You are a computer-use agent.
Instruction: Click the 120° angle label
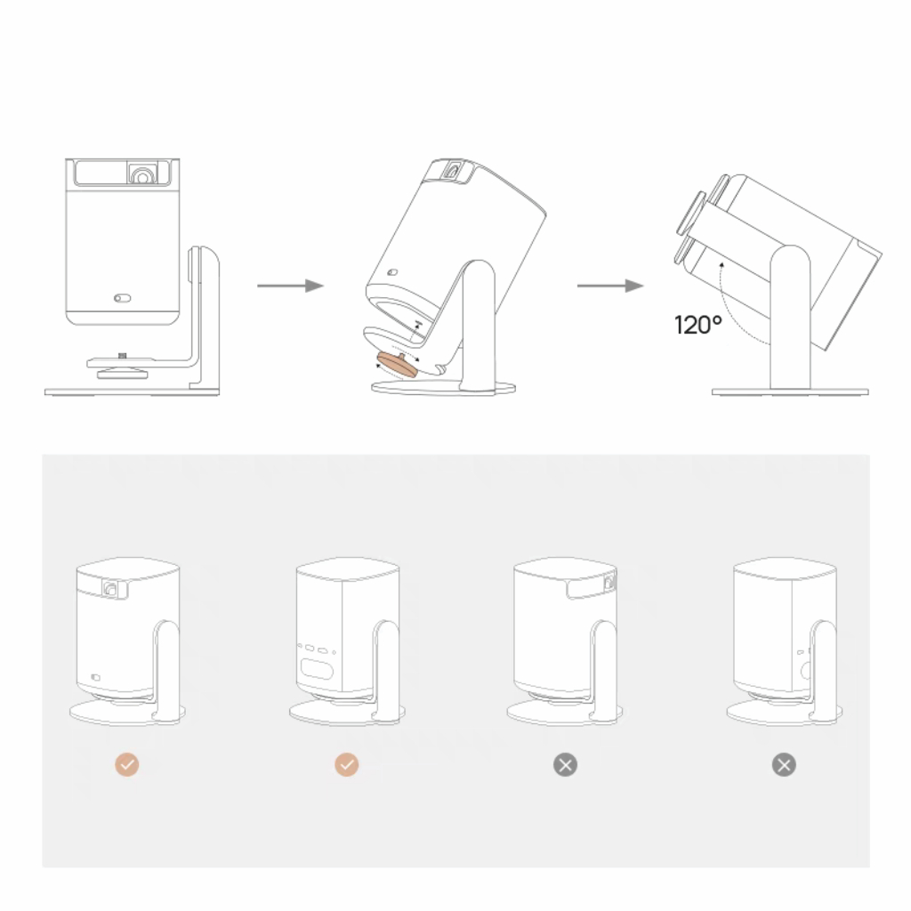[x=698, y=325]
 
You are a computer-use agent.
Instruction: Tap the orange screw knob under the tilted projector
[x=395, y=365]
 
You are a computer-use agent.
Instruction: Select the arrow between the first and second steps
[x=289, y=286]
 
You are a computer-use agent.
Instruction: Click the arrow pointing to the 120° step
[x=609, y=286]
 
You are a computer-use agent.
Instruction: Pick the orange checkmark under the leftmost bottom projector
[x=127, y=764]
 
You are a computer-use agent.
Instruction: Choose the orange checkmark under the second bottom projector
[x=346, y=764]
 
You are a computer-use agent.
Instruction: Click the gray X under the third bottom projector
[x=565, y=764]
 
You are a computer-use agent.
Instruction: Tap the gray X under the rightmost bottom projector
[x=784, y=764]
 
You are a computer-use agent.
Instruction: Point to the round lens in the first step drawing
[x=141, y=175]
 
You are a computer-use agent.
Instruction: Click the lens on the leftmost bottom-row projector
[x=111, y=588]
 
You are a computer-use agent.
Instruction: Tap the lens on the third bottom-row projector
[x=609, y=584]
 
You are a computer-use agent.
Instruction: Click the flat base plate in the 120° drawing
[x=789, y=391]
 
